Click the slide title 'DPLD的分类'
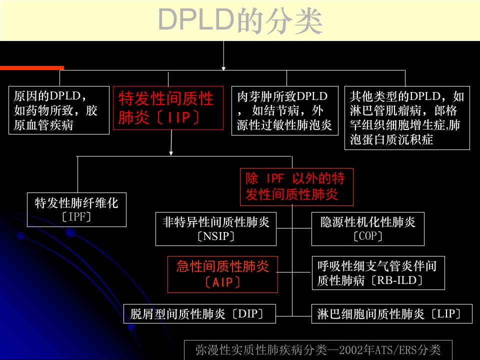(240, 21)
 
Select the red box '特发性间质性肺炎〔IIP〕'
(168, 108)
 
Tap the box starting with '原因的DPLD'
(59, 110)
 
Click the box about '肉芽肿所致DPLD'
(284, 111)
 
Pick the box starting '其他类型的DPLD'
(407, 118)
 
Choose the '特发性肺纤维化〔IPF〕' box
(76, 209)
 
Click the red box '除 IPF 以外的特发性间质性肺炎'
(296, 186)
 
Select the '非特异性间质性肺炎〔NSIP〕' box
(216, 229)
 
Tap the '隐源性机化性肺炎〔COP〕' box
(367, 229)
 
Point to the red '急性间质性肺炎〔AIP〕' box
(222, 274)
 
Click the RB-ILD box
(378, 273)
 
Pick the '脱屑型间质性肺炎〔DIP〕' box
(199, 314)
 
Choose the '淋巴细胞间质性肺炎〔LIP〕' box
(392, 314)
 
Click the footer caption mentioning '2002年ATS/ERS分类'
(318, 349)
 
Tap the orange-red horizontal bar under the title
(32, 68)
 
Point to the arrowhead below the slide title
(223, 68)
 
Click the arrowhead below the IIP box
(171, 153)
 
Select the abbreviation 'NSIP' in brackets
(216, 236)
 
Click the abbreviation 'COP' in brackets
(367, 236)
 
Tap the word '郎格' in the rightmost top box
(445, 110)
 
